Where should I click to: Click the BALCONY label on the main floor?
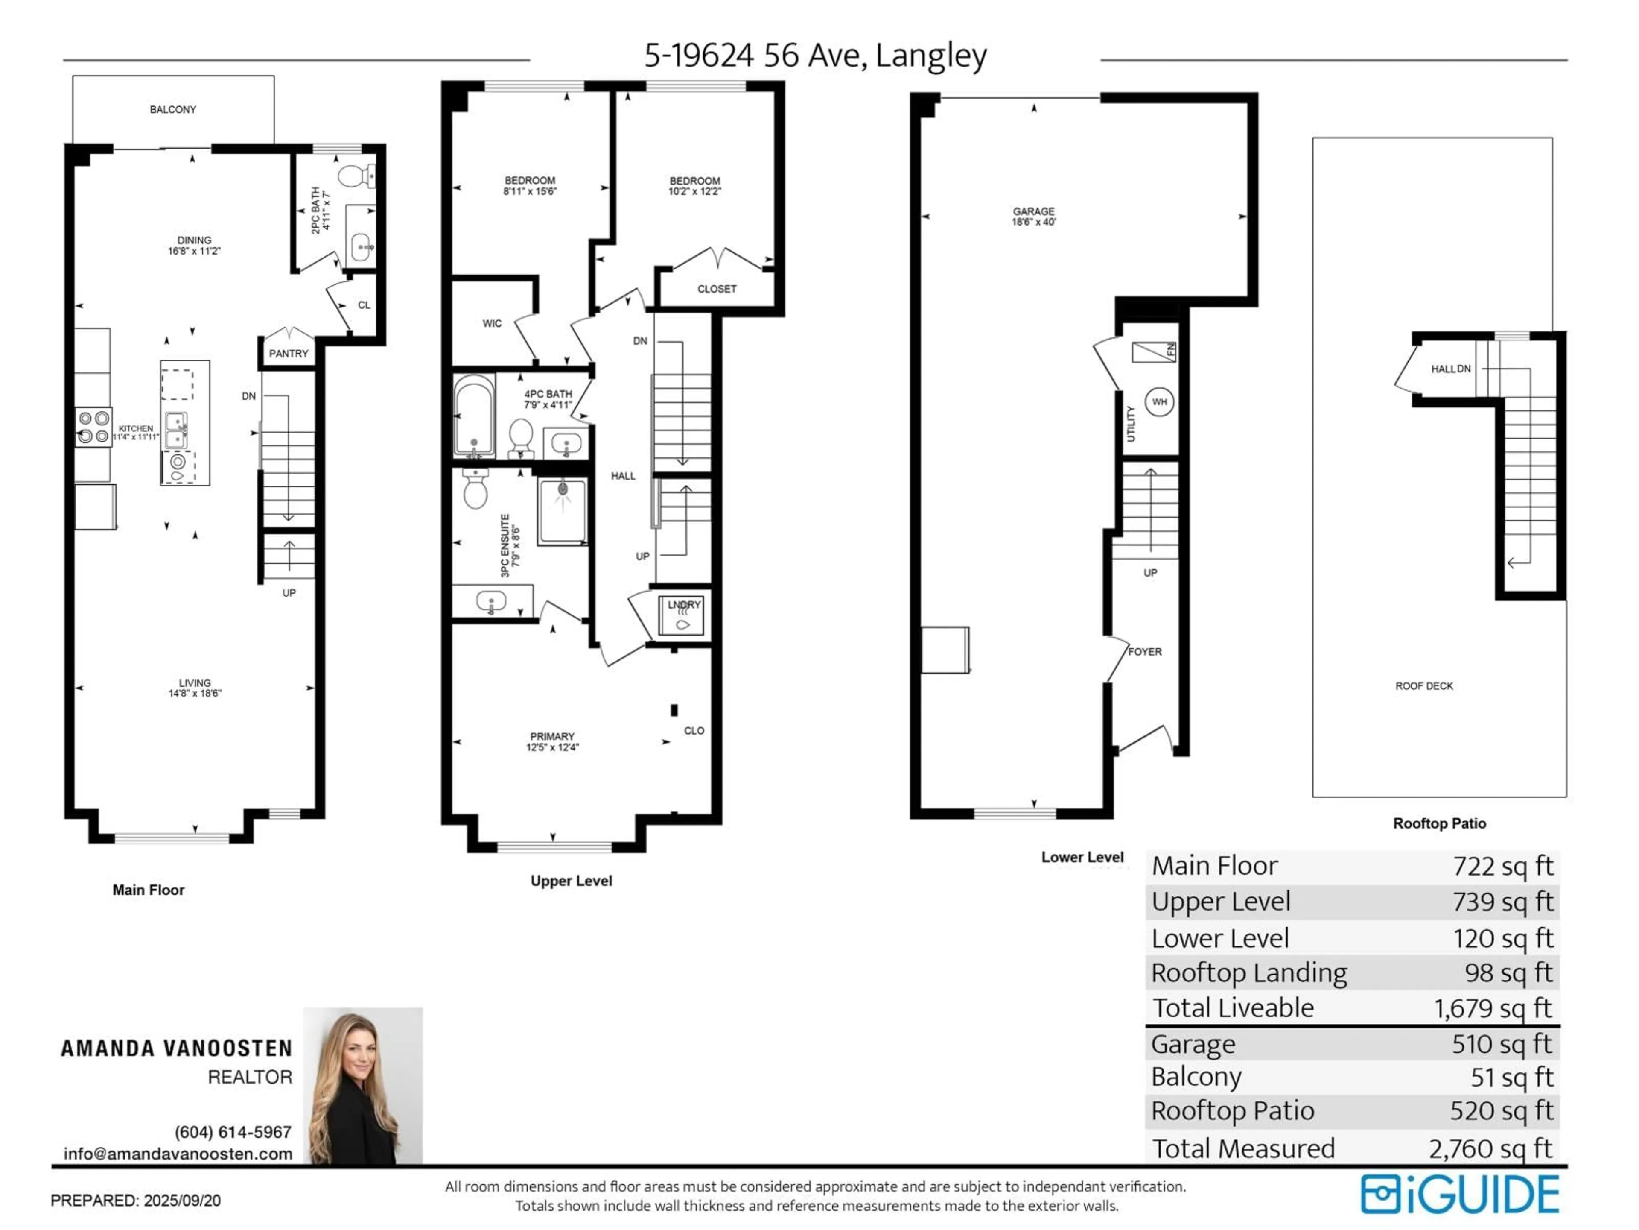(172, 110)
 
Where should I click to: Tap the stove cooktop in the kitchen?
(94, 427)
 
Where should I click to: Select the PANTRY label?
(288, 354)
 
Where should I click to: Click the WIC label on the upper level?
(492, 323)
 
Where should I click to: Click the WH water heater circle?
(1160, 402)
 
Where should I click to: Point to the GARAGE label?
(1034, 212)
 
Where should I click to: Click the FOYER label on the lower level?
(1145, 652)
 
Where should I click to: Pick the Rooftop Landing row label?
(1249, 973)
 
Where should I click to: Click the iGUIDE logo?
(1460, 1195)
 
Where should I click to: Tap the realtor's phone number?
(233, 1132)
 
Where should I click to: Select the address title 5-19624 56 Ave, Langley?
(815, 56)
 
